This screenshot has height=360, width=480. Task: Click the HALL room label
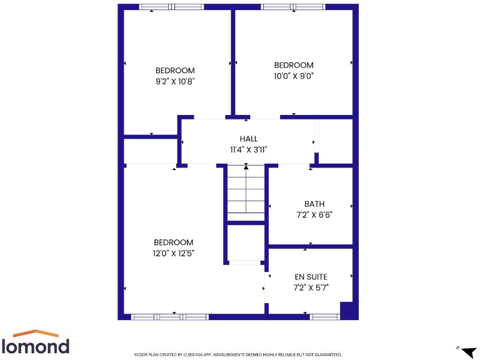(x=248, y=139)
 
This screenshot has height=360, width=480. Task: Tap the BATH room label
(x=314, y=204)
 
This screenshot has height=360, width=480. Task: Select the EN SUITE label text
(x=311, y=277)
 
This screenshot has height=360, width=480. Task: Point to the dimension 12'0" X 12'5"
(x=174, y=253)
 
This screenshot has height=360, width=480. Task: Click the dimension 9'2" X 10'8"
(x=175, y=81)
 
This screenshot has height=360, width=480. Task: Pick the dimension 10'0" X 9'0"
(x=294, y=76)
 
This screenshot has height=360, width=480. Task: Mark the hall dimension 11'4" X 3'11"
(x=248, y=149)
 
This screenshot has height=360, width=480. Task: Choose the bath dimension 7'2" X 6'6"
(x=314, y=214)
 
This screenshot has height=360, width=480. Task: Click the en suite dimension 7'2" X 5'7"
(x=311, y=287)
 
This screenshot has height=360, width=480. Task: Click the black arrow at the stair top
(x=246, y=167)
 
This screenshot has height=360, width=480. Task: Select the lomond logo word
(x=36, y=346)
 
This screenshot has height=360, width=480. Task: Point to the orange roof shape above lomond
(x=36, y=333)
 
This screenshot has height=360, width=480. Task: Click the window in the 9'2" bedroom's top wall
(x=171, y=7)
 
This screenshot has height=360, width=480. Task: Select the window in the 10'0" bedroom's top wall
(x=292, y=7)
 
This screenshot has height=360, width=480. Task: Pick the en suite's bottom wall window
(x=325, y=317)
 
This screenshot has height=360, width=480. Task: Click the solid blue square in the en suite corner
(x=347, y=309)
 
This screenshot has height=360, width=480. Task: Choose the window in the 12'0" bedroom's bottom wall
(x=169, y=317)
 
